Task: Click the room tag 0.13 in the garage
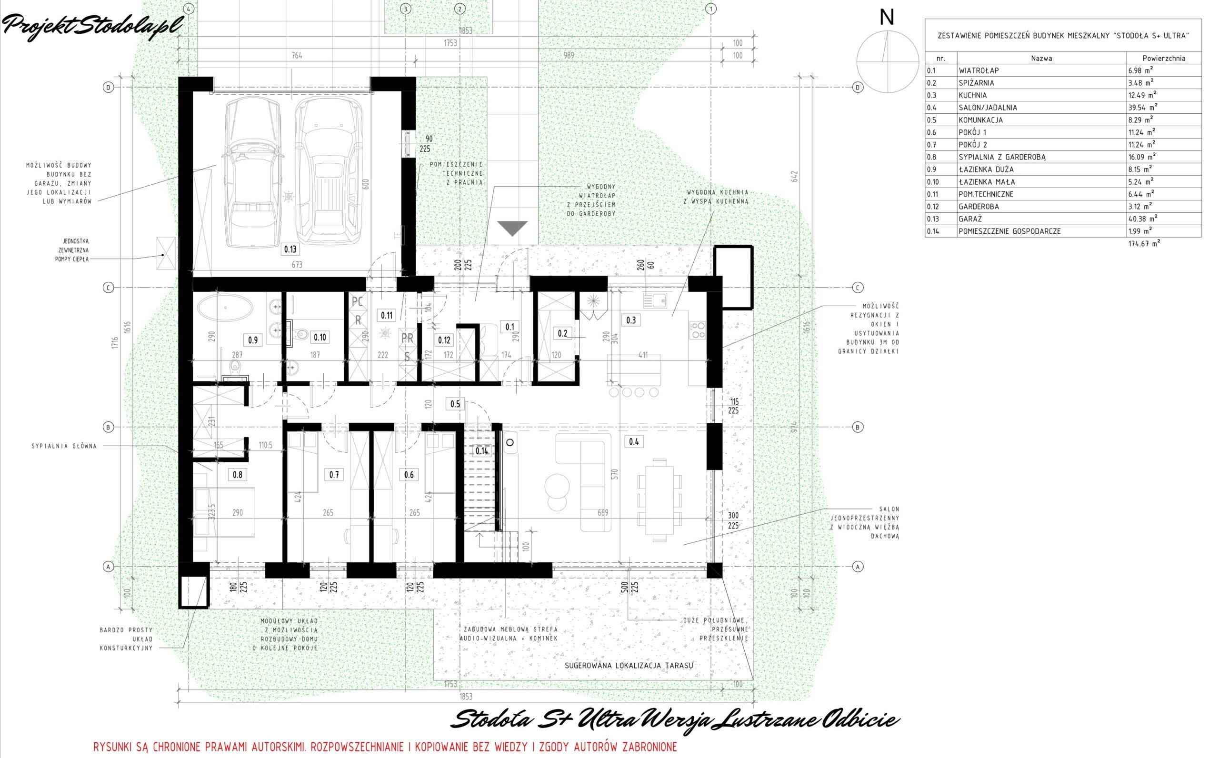290,249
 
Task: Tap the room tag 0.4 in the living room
634,442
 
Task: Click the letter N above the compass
887,18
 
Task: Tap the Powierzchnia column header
1164,58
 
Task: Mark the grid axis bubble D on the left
108,87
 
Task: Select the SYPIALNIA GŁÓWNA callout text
64,446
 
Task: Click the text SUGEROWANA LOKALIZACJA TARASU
629,666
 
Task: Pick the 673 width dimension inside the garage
297,265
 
